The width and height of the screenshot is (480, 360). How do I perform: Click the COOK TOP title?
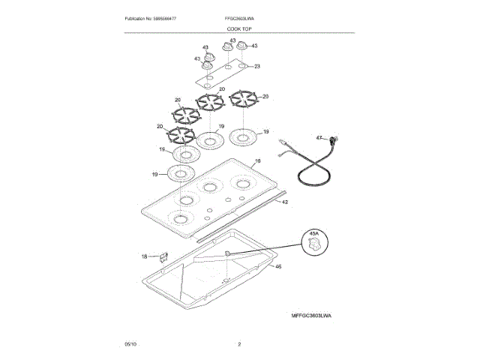coord(239,28)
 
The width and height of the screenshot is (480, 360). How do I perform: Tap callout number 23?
coord(257,67)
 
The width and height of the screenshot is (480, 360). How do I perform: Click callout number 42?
coord(285,212)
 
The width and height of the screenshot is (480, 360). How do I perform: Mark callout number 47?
coord(318,138)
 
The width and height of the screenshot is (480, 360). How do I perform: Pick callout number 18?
coord(145,256)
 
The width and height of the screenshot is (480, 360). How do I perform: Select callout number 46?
coord(278,267)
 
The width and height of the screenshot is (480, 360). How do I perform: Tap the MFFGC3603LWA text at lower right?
coord(311,316)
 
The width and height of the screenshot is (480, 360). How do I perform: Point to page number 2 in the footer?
coord(239,343)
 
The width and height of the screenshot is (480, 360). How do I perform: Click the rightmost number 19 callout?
coord(265,132)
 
